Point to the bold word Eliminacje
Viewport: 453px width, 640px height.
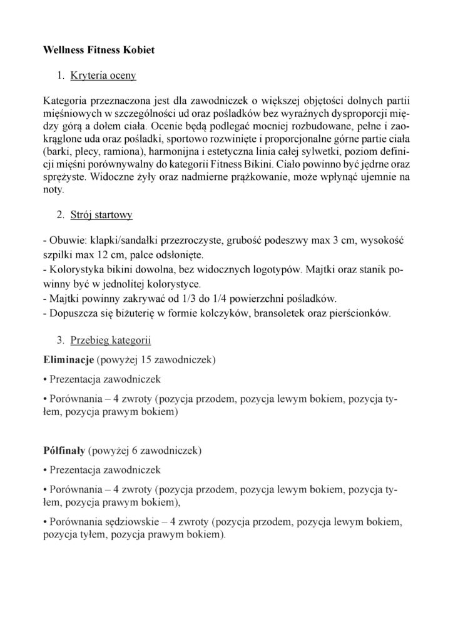pyautogui.click(x=68, y=361)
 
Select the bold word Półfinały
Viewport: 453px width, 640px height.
pyautogui.click(x=64, y=450)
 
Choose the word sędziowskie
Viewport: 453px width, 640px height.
pyautogui.click(x=133, y=521)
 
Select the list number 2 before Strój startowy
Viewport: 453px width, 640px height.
pyautogui.click(x=60, y=215)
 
